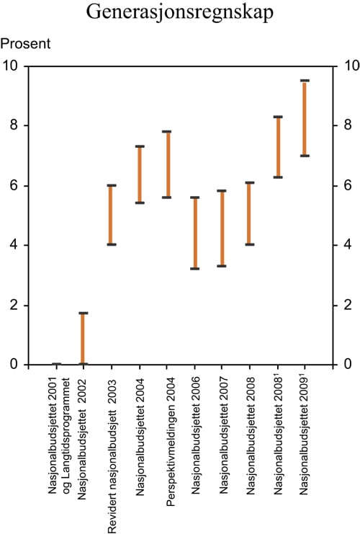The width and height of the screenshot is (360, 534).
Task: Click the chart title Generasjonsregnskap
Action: (179, 12)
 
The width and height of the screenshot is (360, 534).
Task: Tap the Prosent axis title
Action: (26, 44)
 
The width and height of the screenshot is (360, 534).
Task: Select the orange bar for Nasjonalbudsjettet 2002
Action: (84, 339)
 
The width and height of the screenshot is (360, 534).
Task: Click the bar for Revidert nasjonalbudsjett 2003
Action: (112, 215)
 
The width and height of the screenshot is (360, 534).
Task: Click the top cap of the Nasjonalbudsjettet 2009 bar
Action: (305, 81)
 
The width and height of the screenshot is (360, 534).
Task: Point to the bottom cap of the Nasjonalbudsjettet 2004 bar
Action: (140, 203)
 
